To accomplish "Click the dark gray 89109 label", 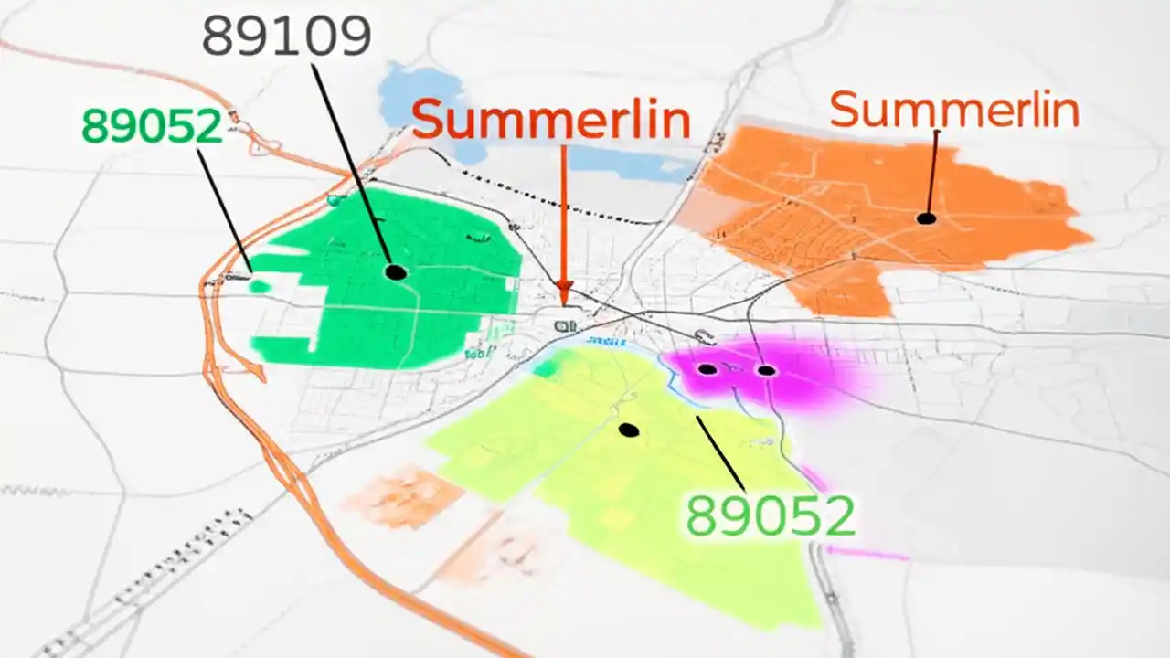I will pyautogui.click(x=286, y=36).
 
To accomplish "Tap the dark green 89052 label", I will pyautogui.click(x=152, y=125).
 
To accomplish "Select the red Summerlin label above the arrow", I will pyautogui.click(x=550, y=120).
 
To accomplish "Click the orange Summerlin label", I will pyautogui.click(x=954, y=110).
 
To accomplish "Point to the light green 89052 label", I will pyautogui.click(x=770, y=516).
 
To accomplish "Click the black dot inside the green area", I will pyautogui.click(x=396, y=271).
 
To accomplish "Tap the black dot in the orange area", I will pyautogui.click(x=926, y=218).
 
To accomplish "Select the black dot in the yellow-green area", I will pyautogui.click(x=627, y=430).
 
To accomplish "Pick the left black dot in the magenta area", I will pyautogui.click(x=707, y=369).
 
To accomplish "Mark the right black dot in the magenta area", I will pyautogui.click(x=766, y=370).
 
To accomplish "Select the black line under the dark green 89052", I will pyautogui.click(x=224, y=210).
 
